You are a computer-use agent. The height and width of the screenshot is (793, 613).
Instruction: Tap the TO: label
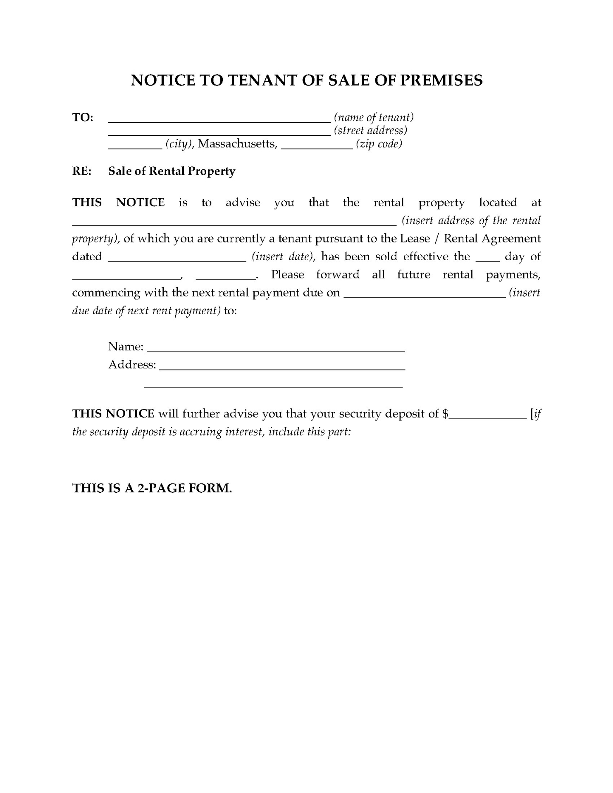point(83,117)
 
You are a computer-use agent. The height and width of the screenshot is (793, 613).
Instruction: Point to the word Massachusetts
point(237,144)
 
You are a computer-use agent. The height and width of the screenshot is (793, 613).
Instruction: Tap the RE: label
point(82,171)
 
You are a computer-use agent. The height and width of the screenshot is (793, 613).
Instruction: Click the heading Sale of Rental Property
point(172,171)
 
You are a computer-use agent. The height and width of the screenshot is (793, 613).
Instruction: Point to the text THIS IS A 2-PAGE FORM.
point(152,488)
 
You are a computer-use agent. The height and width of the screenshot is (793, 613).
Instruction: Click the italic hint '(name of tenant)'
point(374,118)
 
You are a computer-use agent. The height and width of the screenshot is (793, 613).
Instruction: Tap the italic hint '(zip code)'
point(379,144)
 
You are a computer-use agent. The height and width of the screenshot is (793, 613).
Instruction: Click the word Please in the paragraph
point(288,275)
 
